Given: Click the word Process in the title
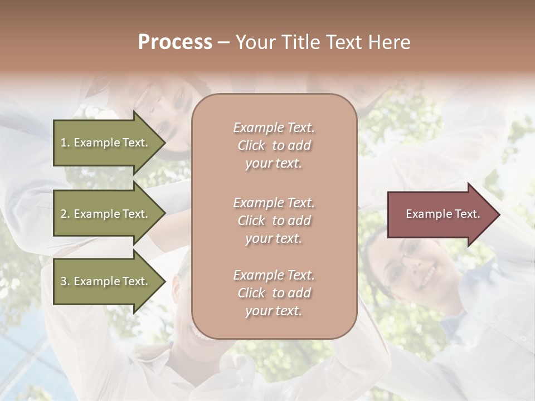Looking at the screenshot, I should click(x=175, y=42).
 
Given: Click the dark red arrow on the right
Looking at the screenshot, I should click(x=440, y=214).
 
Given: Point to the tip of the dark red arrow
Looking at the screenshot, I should click(x=498, y=214).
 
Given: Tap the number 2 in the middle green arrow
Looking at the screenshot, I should click(x=64, y=214).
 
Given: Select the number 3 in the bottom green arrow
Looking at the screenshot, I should click(x=64, y=281).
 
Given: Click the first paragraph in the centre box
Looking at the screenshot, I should click(x=274, y=145).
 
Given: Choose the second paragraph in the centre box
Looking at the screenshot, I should click(x=274, y=220).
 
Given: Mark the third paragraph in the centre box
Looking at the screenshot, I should click(x=274, y=293).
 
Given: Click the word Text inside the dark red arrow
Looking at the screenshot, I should click(x=467, y=214).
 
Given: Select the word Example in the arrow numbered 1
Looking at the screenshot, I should click(x=96, y=143).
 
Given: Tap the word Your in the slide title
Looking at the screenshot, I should click(x=255, y=42).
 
